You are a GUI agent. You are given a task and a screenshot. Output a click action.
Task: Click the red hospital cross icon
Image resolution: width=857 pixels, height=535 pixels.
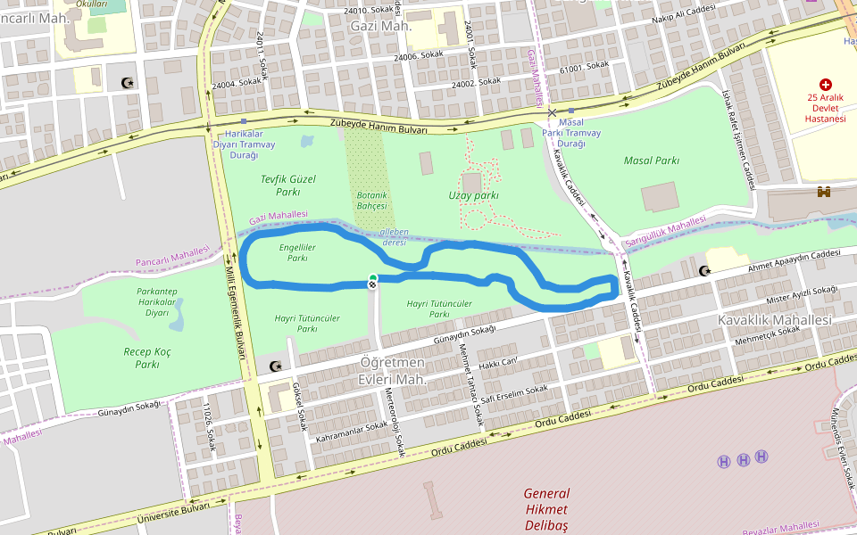pos(825,84)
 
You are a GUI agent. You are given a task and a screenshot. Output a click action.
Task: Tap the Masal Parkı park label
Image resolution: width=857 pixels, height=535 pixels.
pos(652,161)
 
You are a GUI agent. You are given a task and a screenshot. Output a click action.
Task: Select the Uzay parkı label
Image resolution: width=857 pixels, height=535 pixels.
pos(473,195)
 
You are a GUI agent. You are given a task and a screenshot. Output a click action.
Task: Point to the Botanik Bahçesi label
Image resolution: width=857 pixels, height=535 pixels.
pos(371,201)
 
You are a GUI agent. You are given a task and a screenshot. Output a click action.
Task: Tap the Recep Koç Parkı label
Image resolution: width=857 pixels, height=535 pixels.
pos(147,358)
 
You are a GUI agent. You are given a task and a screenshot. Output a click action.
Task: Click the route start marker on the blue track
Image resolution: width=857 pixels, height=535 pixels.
pos(372,281)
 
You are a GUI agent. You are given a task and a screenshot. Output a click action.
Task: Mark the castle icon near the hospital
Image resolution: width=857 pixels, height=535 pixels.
pos(824,192)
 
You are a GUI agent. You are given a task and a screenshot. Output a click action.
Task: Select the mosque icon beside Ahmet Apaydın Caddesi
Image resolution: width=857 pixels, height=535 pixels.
pos(705,270)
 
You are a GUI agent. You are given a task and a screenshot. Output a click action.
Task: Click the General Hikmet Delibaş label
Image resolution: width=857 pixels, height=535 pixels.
pos(546,508)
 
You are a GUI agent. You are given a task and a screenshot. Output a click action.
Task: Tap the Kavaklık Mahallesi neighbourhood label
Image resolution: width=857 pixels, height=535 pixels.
pos(774,319)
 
